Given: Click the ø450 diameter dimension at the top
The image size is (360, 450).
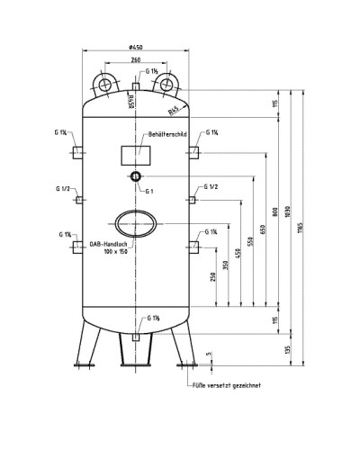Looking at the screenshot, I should (136, 48).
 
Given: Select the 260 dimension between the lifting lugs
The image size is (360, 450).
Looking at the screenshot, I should (135, 60).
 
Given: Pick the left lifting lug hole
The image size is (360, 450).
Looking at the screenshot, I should (103, 85).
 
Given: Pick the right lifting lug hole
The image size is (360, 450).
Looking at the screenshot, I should (166, 85).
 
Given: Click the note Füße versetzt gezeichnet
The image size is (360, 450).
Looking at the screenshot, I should (228, 386).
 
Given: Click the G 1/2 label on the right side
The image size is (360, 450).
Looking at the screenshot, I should (211, 186).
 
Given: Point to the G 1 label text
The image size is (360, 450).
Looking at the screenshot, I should (149, 191).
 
